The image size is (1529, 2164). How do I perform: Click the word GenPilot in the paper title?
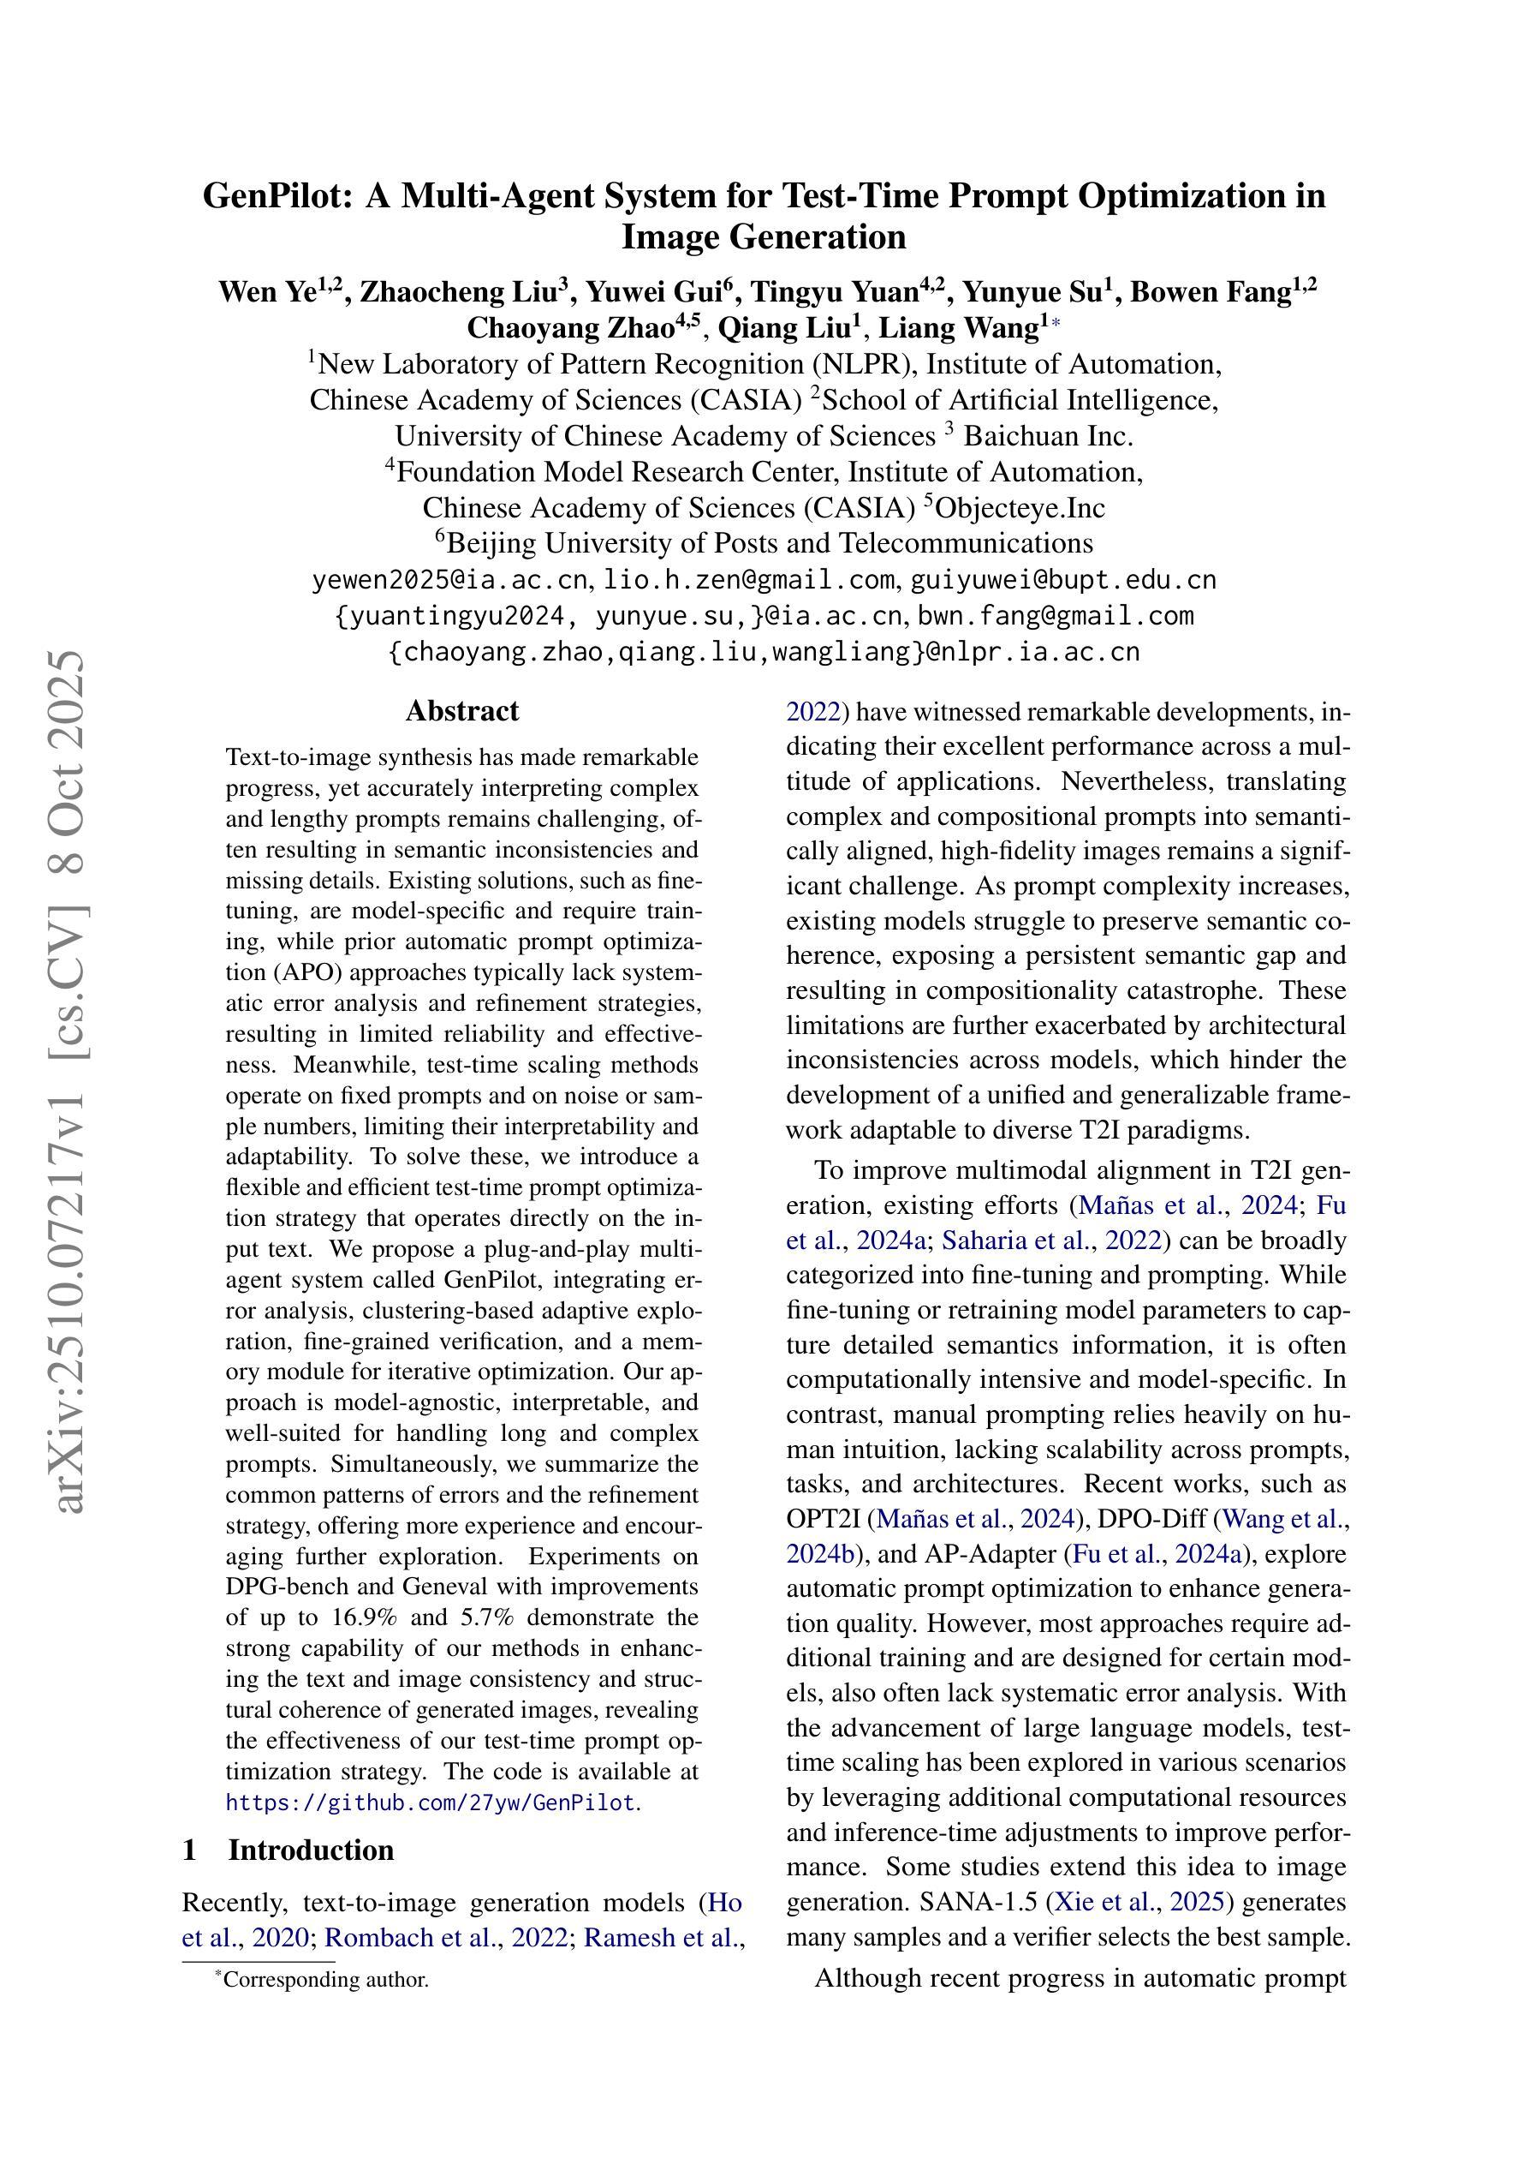point(279,196)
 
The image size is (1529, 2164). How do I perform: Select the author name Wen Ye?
point(266,292)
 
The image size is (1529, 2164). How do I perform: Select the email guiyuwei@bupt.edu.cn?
point(1062,580)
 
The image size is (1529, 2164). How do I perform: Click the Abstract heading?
point(461,711)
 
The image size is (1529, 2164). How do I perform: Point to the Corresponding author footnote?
point(325,1979)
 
